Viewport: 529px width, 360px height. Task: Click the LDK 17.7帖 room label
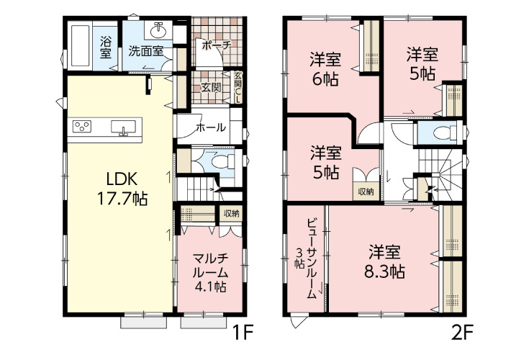point(118,188)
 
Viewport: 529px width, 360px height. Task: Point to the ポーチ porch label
point(215,45)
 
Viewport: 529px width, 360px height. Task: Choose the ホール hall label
point(210,127)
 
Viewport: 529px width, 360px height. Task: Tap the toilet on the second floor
point(446,133)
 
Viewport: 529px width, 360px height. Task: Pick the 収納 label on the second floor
point(364,191)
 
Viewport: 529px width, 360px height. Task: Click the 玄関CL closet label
point(237,84)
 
